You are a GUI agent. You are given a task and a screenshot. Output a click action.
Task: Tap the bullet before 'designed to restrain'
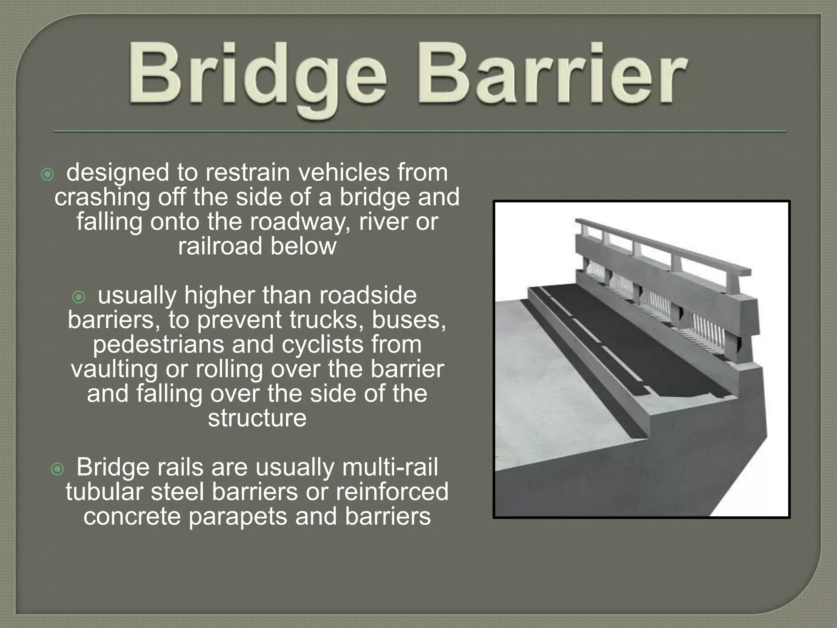[x=47, y=175]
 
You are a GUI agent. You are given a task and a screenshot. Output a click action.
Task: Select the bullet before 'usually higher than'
[x=78, y=297]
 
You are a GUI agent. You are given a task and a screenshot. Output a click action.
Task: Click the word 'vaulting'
[x=114, y=369]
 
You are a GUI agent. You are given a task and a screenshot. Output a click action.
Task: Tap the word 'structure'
[x=257, y=418]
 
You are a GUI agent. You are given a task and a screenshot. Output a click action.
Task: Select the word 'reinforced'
[x=392, y=492]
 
